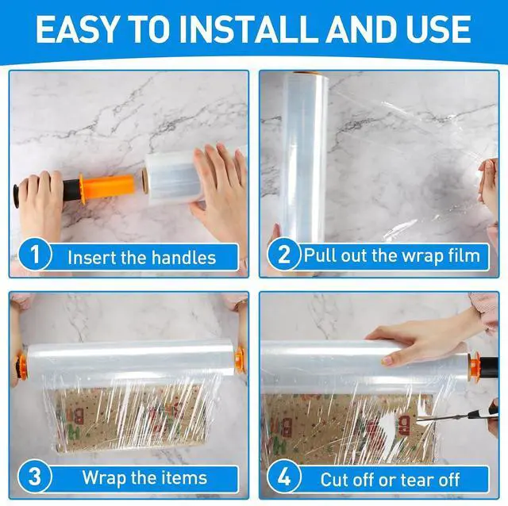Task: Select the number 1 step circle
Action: click(35, 255)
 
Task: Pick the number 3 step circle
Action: click(35, 476)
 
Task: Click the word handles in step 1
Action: click(183, 258)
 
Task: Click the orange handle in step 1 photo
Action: click(107, 187)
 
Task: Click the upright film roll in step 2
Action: click(305, 157)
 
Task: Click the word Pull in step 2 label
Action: click(320, 255)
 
